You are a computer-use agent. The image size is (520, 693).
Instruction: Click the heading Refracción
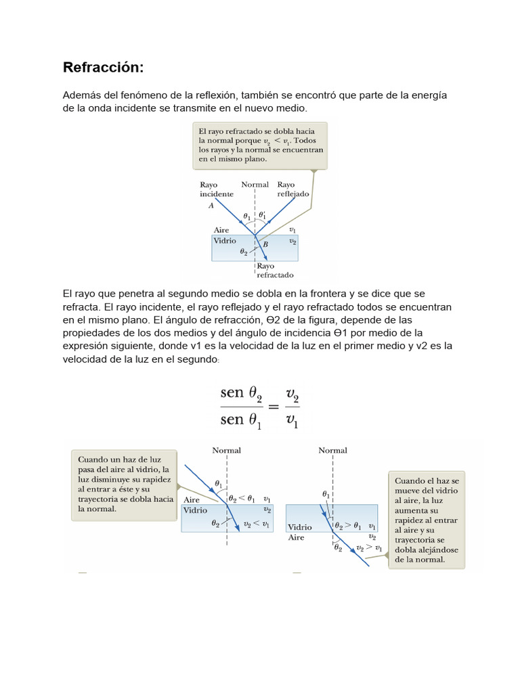(103, 68)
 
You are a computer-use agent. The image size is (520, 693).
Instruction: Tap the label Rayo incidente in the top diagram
(216, 189)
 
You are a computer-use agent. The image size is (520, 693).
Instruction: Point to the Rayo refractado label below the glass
(275, 271)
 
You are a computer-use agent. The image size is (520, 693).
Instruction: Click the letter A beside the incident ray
(211, 204)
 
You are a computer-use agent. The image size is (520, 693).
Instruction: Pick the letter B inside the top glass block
(265, 245)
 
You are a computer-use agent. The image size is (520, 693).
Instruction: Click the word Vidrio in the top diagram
(225, 240)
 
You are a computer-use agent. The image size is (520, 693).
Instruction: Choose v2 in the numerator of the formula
(292, 393)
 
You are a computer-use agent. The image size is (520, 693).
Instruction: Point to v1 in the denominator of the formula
(292, 420)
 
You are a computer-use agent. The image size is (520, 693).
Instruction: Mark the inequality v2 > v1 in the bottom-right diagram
(370, 547)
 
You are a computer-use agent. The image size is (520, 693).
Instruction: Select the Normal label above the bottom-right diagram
(332, 450)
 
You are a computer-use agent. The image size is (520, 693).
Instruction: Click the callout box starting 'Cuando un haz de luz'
(124, 484)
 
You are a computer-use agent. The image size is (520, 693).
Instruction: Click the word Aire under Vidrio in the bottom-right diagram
(297, 537)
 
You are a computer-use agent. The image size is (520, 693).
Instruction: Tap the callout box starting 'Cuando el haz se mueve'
(427, 520)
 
